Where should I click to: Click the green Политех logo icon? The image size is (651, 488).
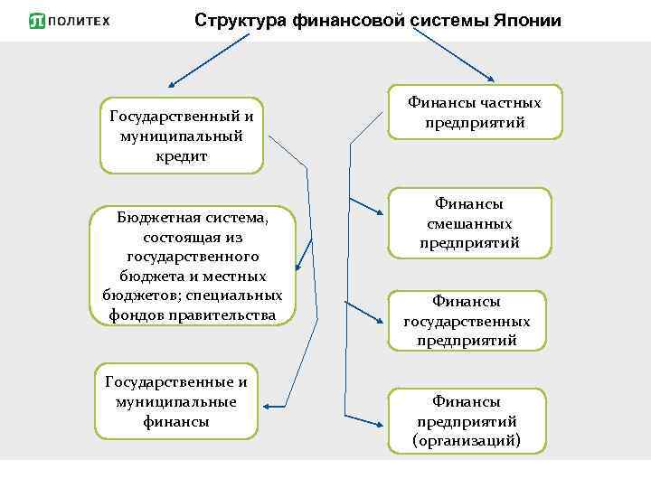[x=36, y=20]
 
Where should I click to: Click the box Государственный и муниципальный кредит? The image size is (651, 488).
[x=181, y=136]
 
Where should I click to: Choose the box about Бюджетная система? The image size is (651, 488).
[x=192, y=266]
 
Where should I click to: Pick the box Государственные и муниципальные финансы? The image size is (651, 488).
[x=175, y=401]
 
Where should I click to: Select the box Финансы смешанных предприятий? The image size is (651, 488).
[x=469, y=223]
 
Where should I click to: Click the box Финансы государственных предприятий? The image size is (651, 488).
[x=467, y=321]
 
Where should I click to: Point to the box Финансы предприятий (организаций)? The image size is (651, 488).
[x=467, y=420]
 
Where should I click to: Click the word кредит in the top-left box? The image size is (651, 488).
[x=181, y=155]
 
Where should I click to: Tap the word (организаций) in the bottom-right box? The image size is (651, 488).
[x=467, y=441]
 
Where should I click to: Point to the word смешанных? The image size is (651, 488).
[x=469, y=223]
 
